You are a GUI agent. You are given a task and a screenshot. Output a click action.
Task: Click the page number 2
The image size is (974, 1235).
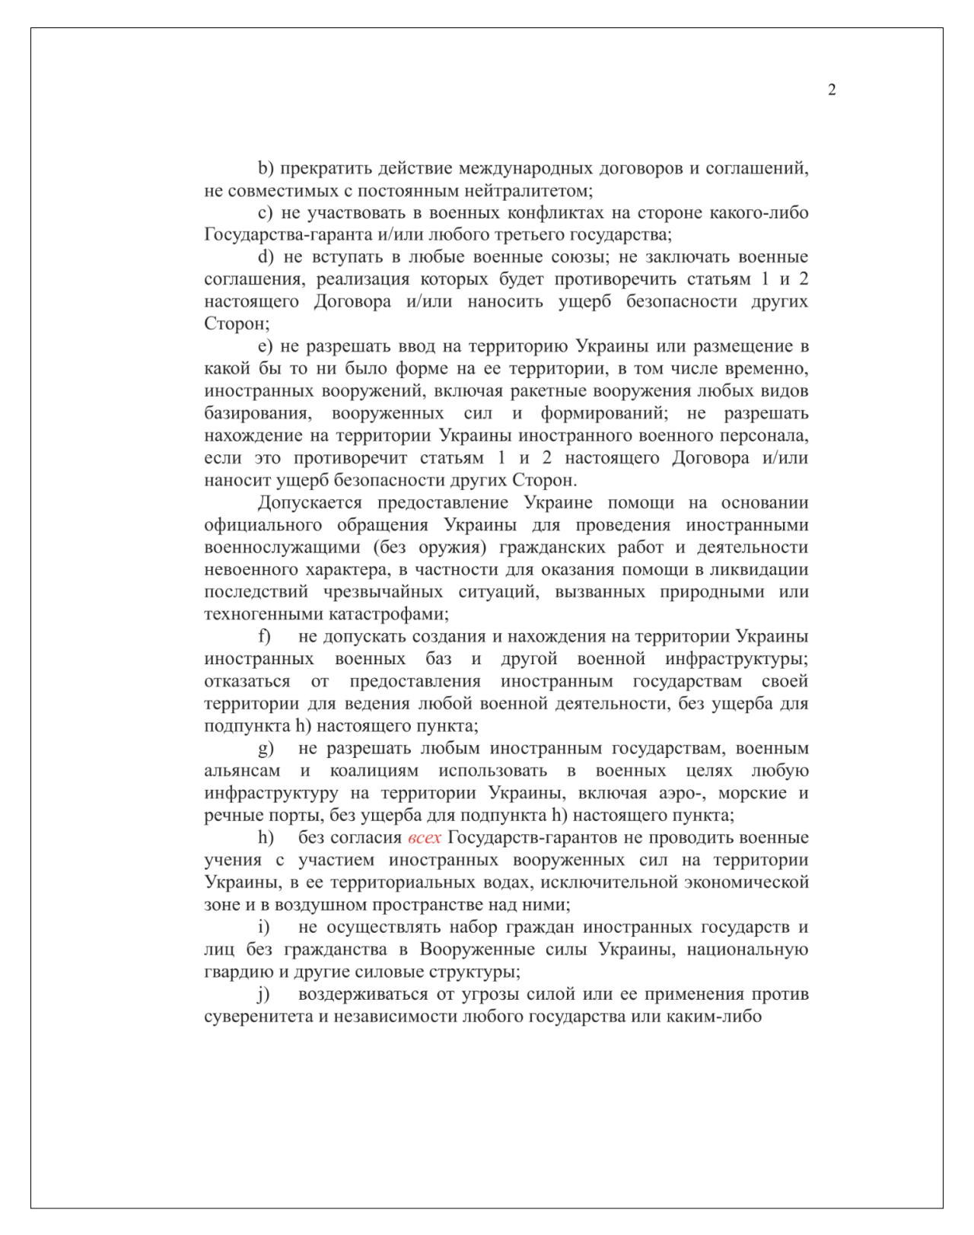(x=832, y=90)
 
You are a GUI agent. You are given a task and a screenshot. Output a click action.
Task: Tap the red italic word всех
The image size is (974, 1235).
(x=425, y=838)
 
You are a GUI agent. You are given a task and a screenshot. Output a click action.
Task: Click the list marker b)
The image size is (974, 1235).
(x=266, y=168)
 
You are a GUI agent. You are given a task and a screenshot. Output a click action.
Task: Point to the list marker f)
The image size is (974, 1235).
(x=265, y=636)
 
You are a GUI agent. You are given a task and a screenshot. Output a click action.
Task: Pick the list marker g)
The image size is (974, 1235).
(x=266, y=749)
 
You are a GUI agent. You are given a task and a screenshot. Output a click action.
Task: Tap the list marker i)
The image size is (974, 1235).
(x=264, y=927)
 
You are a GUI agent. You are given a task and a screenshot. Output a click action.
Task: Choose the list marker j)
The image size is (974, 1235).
(x=264, y=994)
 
